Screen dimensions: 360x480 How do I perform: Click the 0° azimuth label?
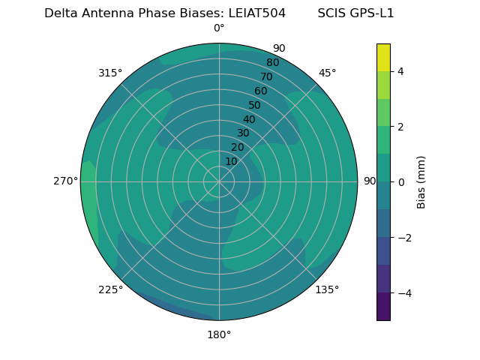tap(219, 28)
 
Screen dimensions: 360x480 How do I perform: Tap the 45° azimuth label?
tap(327, 73)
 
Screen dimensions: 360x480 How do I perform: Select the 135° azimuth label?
tap(327, 289)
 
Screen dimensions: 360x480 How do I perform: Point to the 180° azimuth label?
tap(219, 334)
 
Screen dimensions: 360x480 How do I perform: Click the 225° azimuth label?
tap(110, 289)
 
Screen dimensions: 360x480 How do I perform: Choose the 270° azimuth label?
tap(66, 181)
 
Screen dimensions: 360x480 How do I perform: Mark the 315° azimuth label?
tap(110, 73)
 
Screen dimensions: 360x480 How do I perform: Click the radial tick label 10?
tap(231, 161)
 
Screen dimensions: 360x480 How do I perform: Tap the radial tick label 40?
tap(249, 119)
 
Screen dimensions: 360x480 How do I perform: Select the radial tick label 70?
tap(266, 76)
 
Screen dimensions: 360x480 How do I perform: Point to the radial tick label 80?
tap(272, 62)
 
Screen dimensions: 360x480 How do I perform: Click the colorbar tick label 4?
tap(400, 71)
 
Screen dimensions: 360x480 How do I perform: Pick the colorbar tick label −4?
tap(401, 293)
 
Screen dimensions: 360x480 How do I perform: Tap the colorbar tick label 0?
tap(400, 182)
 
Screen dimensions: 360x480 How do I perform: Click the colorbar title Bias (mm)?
tap(421, 182)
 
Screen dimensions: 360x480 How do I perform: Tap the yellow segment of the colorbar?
tap(383, 57)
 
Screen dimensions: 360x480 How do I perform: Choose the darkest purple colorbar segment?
tap(383, 307)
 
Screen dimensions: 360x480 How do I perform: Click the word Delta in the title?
tap(59, 13)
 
